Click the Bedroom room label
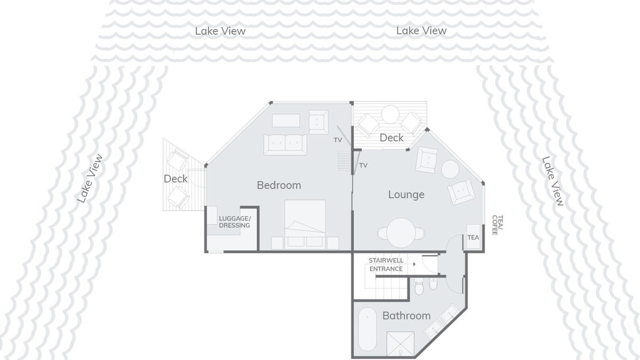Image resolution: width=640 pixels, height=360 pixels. (279, 185)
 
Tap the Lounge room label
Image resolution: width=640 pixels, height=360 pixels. (406, 194)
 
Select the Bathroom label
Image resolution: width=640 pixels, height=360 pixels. (406, 315)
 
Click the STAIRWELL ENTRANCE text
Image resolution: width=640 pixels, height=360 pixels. (386, 264)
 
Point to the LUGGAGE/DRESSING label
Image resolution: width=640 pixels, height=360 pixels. (234, 222)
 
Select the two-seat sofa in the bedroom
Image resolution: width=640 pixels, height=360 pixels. (285, 144)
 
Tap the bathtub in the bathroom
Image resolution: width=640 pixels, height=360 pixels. (367, 329)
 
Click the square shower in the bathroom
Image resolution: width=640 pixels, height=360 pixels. (400, 343)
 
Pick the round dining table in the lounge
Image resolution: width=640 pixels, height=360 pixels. (401, 232)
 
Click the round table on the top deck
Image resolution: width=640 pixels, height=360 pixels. (390, 114)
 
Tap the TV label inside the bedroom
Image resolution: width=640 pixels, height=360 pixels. (337, 140)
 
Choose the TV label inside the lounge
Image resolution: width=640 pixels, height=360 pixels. (363, 165)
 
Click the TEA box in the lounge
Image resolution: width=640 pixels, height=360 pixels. (473, 237)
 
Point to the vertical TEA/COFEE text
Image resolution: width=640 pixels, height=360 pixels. (497, 225)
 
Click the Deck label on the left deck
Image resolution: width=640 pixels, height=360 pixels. (175, 179)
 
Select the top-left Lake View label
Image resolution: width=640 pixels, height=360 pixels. (220, 31)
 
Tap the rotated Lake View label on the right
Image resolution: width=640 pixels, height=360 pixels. (553, 181)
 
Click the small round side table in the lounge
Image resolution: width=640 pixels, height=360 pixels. (450, 169)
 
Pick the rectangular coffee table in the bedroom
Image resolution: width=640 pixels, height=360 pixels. (286, 120)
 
